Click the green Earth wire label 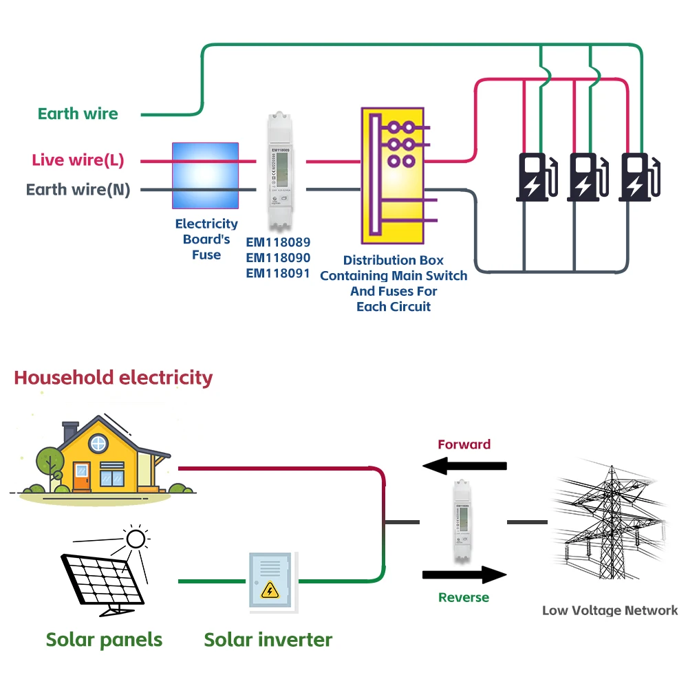coord(78,114)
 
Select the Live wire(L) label coord(78,161)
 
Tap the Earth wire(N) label coord(78,190)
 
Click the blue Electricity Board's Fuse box coord(205,176)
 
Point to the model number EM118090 coord(278,258)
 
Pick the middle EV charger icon coord(583,178)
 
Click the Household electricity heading coord(114,378)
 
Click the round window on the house coord(98,444)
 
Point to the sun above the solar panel coord(136,538)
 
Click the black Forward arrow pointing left coord(464,466)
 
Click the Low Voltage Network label coord(610,610)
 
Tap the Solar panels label coord(104,639)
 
